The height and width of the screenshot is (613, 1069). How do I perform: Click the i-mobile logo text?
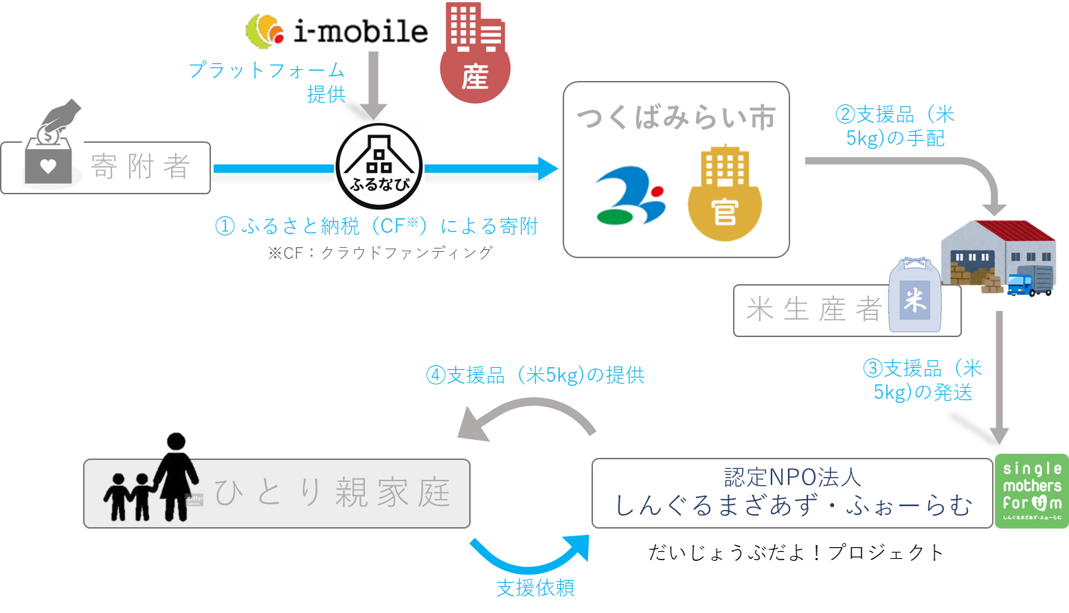(x=360, y=32)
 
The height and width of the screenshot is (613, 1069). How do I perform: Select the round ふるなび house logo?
(x=379, y=167)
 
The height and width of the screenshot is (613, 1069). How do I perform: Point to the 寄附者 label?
(x=140, y=167)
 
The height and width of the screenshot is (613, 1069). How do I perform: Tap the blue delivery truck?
(x=1028, y=283)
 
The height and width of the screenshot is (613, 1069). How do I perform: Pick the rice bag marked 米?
(x=914, y=296)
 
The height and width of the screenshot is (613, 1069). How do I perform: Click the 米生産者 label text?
(x=813, y=310)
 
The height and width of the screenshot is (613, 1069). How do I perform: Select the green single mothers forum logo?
(x=1031, y=491)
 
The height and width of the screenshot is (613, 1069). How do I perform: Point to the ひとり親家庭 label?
(x=333, y=493)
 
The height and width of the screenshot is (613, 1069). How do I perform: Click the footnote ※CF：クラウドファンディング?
(x=381, y=253)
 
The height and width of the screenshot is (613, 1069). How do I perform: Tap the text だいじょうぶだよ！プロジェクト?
(x=796, y=552)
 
